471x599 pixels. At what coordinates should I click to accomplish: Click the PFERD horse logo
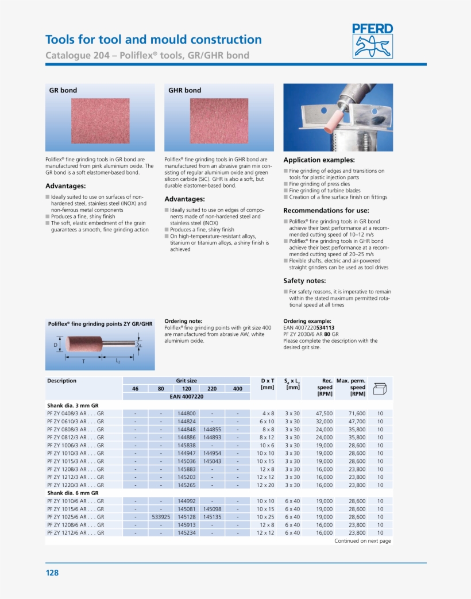373,41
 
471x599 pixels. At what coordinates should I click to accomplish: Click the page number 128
52,573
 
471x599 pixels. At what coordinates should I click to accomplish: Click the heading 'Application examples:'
319,160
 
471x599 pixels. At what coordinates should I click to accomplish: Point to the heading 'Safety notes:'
304,281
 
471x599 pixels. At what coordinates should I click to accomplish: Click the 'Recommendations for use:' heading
326,211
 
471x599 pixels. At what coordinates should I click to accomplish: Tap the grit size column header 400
237,389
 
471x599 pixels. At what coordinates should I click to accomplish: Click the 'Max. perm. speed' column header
350,387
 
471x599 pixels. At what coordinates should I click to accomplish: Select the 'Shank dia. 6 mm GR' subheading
73,493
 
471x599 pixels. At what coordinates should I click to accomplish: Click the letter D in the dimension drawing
56,345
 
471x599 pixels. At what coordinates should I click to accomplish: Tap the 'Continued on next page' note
362,541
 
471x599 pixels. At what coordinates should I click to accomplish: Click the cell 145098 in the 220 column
212,509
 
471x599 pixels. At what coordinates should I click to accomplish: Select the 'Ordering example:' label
307,321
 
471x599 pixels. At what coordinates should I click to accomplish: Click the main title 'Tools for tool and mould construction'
153,40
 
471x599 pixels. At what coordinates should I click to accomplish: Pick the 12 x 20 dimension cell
266,485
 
